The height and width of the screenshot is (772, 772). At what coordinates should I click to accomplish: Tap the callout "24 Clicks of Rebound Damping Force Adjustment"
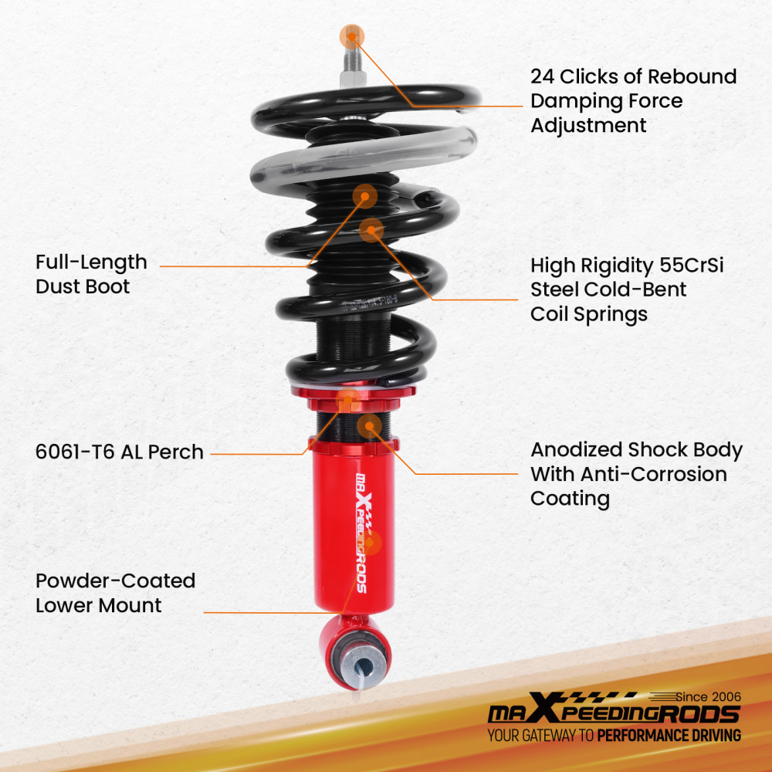pos(633,101)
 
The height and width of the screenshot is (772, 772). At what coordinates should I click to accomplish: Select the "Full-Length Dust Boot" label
pos(91,274)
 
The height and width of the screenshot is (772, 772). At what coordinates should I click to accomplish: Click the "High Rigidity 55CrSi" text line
pos(626,266)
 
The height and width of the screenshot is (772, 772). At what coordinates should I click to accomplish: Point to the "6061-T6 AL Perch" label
pos(120,452)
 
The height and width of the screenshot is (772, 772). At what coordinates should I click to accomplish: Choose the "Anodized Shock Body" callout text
pos(636,450)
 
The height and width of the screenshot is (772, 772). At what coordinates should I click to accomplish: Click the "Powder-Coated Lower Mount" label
pos(115,593)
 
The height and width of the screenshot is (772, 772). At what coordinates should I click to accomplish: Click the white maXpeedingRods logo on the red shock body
pos(360,533)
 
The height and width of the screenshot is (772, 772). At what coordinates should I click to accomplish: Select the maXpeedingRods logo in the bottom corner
pos(614,712)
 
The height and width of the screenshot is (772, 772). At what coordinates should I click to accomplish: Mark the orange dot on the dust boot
pos(364,196)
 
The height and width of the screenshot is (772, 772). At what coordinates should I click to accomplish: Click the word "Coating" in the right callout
pos(570,499)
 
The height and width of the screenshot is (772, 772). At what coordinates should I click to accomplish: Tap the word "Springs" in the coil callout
pos(589,314)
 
